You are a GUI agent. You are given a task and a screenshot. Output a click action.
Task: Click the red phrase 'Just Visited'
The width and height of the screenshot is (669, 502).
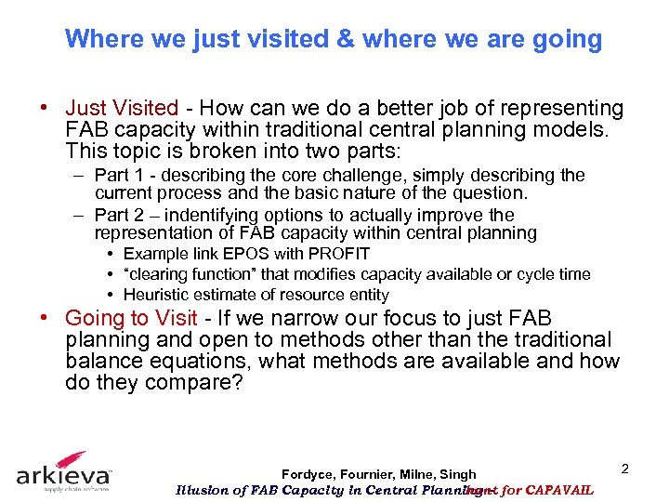(122, 109)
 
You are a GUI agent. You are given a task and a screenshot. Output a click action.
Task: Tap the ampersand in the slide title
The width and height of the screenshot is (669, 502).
(346, 39)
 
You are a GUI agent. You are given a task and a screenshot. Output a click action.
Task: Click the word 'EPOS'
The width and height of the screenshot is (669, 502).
(232, 254)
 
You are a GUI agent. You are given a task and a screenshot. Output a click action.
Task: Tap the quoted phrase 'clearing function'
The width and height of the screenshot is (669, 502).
(192, 274)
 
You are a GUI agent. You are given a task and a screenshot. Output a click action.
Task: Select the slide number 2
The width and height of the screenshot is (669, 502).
(624, 469)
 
